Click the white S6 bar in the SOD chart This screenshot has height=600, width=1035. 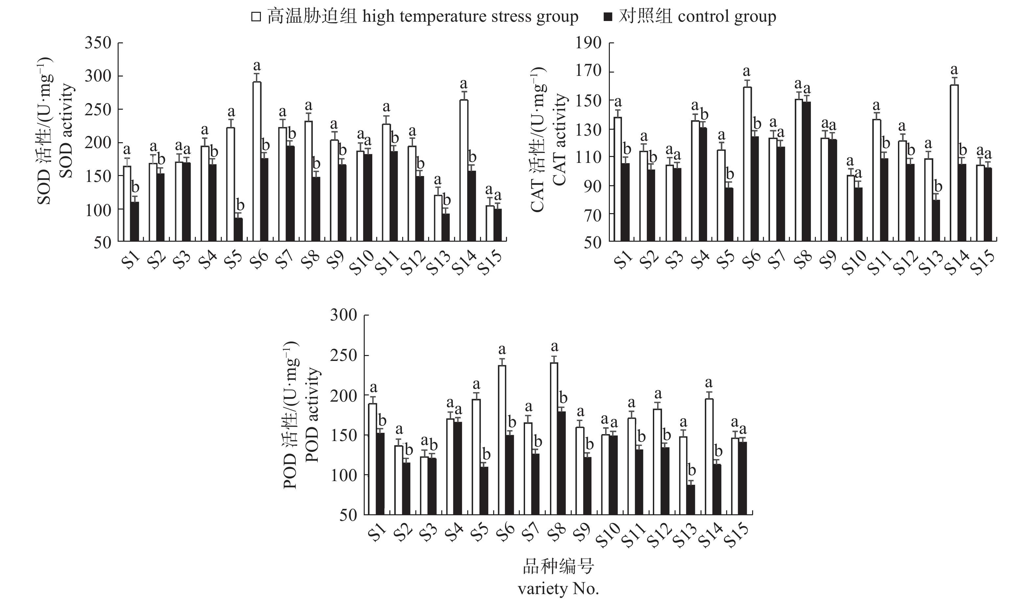coord(257,161)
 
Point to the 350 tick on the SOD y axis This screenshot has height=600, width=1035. coord(98,43)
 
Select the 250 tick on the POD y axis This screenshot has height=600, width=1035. coord(344,355)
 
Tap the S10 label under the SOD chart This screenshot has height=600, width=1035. coord(363,261)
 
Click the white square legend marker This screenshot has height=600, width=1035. coord(257,17)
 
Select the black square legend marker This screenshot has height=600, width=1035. coord(608,17)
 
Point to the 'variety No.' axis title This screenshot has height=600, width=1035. coord(558,589)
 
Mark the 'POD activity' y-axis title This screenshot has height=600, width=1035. coord(313,414)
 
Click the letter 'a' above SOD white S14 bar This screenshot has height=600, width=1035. coord(464,84)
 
